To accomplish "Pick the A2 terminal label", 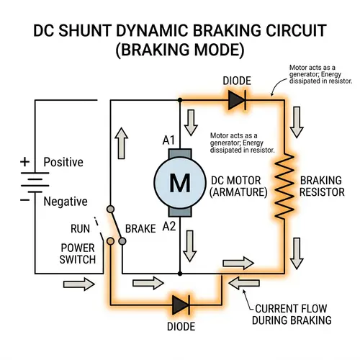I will click(x=168, y=226).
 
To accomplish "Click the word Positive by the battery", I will click(x=63, y=162).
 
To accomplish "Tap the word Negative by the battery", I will click(x=66, y=202).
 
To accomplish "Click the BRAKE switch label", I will click(x=140, y=229).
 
